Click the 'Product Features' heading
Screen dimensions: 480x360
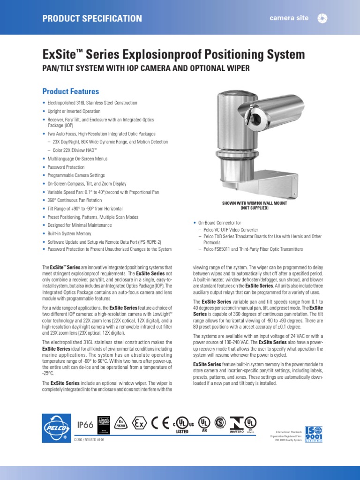pyautogui.click(x=71, y=91)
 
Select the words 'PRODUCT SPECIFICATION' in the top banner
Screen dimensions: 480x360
pyautogui.click(x=92, y=18)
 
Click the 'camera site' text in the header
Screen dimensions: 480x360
pyautogui.click(x=289, y=18)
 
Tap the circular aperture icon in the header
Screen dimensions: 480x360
pyautogui.click(x=322, y=18)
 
